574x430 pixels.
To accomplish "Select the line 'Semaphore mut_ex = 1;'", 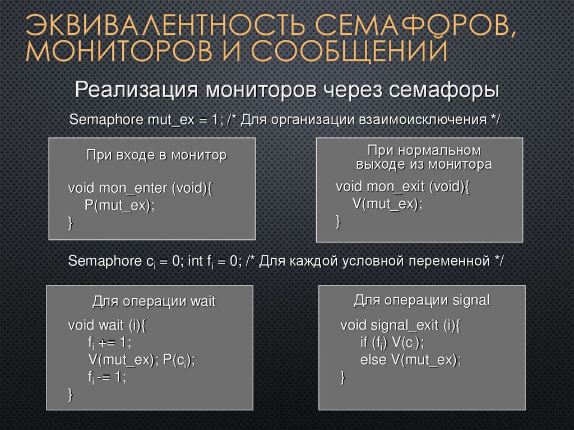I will pyautogui.click(x=146, y=120).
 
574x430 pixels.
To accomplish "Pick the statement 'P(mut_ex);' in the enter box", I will pyautogui.click(x=119, y=205).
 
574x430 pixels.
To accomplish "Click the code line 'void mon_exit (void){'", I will pyautogui.click(x=402, y=187).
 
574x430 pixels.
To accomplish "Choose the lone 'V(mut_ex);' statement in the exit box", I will pyautogui.click(x=387, y=204).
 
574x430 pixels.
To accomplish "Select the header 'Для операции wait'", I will pyautogui.click(x=154, y=301).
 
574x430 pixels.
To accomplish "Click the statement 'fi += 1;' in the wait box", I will pyautogui.click(x=109, y=343).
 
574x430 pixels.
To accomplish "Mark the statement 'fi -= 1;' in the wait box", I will pyautogui.click(x=107, y=377).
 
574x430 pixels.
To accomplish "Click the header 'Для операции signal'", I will pyautogui.click(x=422, y=300).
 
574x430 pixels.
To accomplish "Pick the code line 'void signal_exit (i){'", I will pyautogui.click(x=400, y=325).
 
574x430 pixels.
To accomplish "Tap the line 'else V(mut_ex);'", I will pyautogui.click(x=410, y=360).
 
